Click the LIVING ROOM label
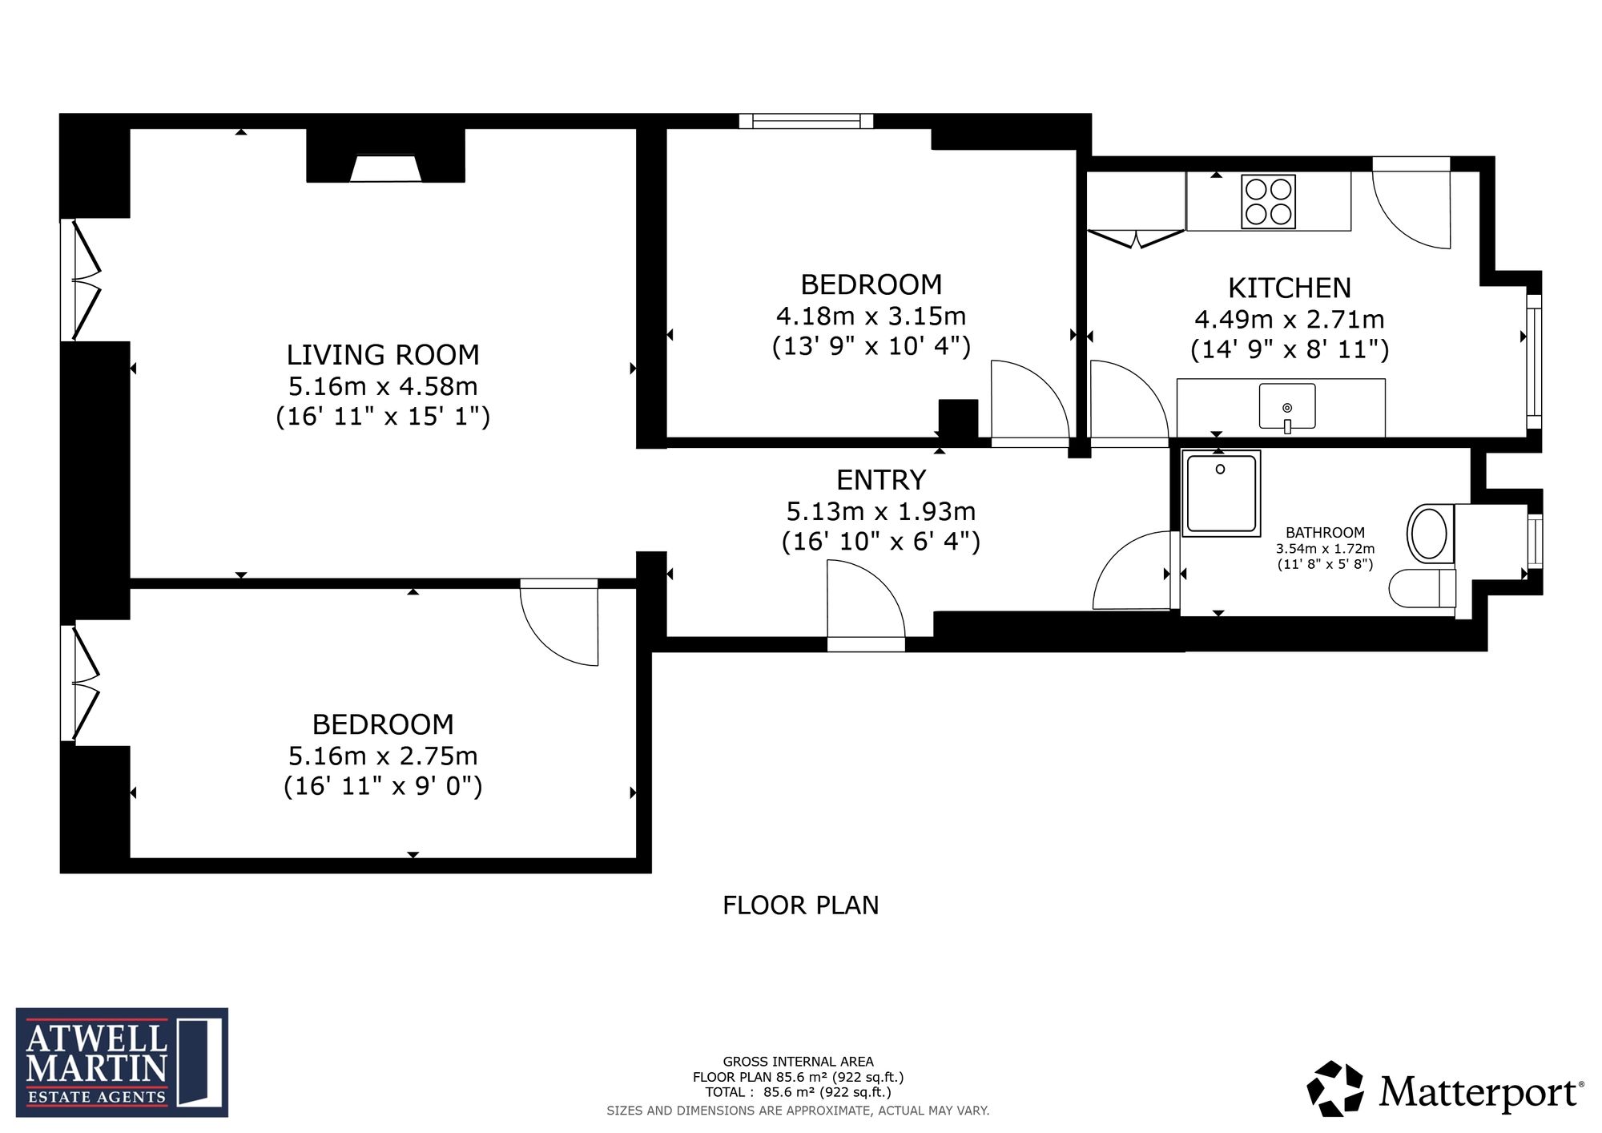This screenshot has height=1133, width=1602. (x=383, y=355)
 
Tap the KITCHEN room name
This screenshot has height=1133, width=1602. (x=1290, y=288)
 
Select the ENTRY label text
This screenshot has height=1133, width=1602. (x=881, y=480)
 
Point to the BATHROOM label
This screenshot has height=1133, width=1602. (x=1325, y=532)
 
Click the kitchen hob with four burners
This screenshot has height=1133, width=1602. (x=1268, y=202)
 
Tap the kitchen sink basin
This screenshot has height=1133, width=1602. (x=1287, y=407)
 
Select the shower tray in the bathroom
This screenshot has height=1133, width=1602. (x=1222, y=493)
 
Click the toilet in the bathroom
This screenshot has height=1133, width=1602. (x=1423, y=588)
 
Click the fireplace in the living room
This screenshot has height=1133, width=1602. (x=385, y=169)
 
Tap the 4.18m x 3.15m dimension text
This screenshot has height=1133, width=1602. (x=871, y=316)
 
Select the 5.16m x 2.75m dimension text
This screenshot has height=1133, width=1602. (x=383, y=756)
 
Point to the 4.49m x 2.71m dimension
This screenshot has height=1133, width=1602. (x=1290, y=320)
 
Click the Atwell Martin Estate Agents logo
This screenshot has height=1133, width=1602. (x=122, y=1062)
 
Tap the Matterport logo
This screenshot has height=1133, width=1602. (x=1446, y=1089)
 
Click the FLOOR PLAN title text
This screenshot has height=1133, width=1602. (x=801, y=905)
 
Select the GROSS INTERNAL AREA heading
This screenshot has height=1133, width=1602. (x=798, y=1062)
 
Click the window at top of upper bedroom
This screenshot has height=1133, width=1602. (x=806, y=121)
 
